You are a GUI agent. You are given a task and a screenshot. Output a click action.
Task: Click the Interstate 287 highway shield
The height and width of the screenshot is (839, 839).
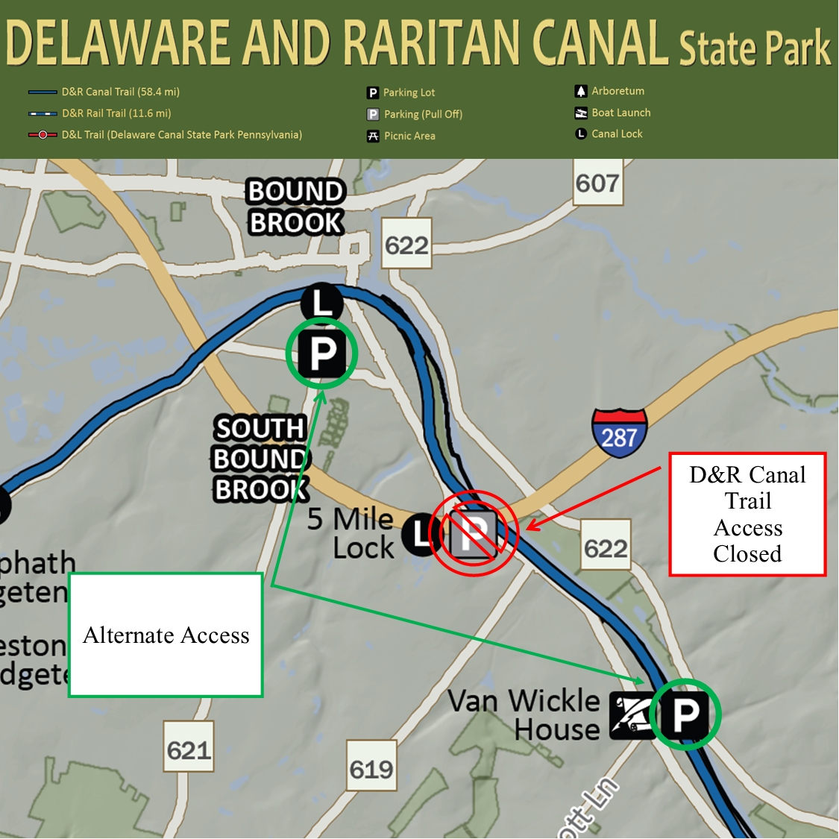click(x=619, y=432)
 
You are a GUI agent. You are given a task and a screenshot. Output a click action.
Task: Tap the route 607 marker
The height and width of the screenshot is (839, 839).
click(x=597, y=183)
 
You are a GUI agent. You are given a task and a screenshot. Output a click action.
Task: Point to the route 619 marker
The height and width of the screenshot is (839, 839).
click(x=371, y=768)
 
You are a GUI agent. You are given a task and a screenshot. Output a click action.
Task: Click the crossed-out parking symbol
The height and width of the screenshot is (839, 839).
click(x=473, y=532)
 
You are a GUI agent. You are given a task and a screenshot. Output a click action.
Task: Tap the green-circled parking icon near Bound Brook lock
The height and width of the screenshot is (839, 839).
click(x=322, y=353)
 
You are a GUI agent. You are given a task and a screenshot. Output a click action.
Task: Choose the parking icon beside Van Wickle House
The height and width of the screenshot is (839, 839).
click(x=685, y=714)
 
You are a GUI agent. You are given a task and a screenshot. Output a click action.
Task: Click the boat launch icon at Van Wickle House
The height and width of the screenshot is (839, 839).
click(x=630, y=715)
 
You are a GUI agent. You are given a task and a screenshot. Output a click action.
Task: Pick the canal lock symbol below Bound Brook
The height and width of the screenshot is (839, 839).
click(x=322, y=303)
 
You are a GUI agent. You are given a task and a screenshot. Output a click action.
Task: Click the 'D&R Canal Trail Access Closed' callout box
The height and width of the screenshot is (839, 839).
click(x=747, y=514)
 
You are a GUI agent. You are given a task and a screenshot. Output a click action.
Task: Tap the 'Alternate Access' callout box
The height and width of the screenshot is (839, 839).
click(x=166, y=635)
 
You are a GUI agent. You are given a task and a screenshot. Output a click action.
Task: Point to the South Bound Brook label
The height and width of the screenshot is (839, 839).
click(x=260, y=459)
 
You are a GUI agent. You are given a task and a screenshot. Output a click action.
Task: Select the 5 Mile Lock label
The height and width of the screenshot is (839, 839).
click(x=351, y=533)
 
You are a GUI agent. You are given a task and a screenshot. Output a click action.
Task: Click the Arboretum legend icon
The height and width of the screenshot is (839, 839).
click(x=581, y=91)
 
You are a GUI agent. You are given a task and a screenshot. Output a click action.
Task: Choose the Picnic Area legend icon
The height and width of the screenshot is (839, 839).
click(x=373, y=136)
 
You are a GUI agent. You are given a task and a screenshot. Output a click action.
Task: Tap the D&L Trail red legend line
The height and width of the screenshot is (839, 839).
click(x=43, y=135)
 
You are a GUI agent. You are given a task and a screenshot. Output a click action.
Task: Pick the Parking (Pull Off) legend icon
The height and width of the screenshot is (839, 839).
click(x=373, y=114)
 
